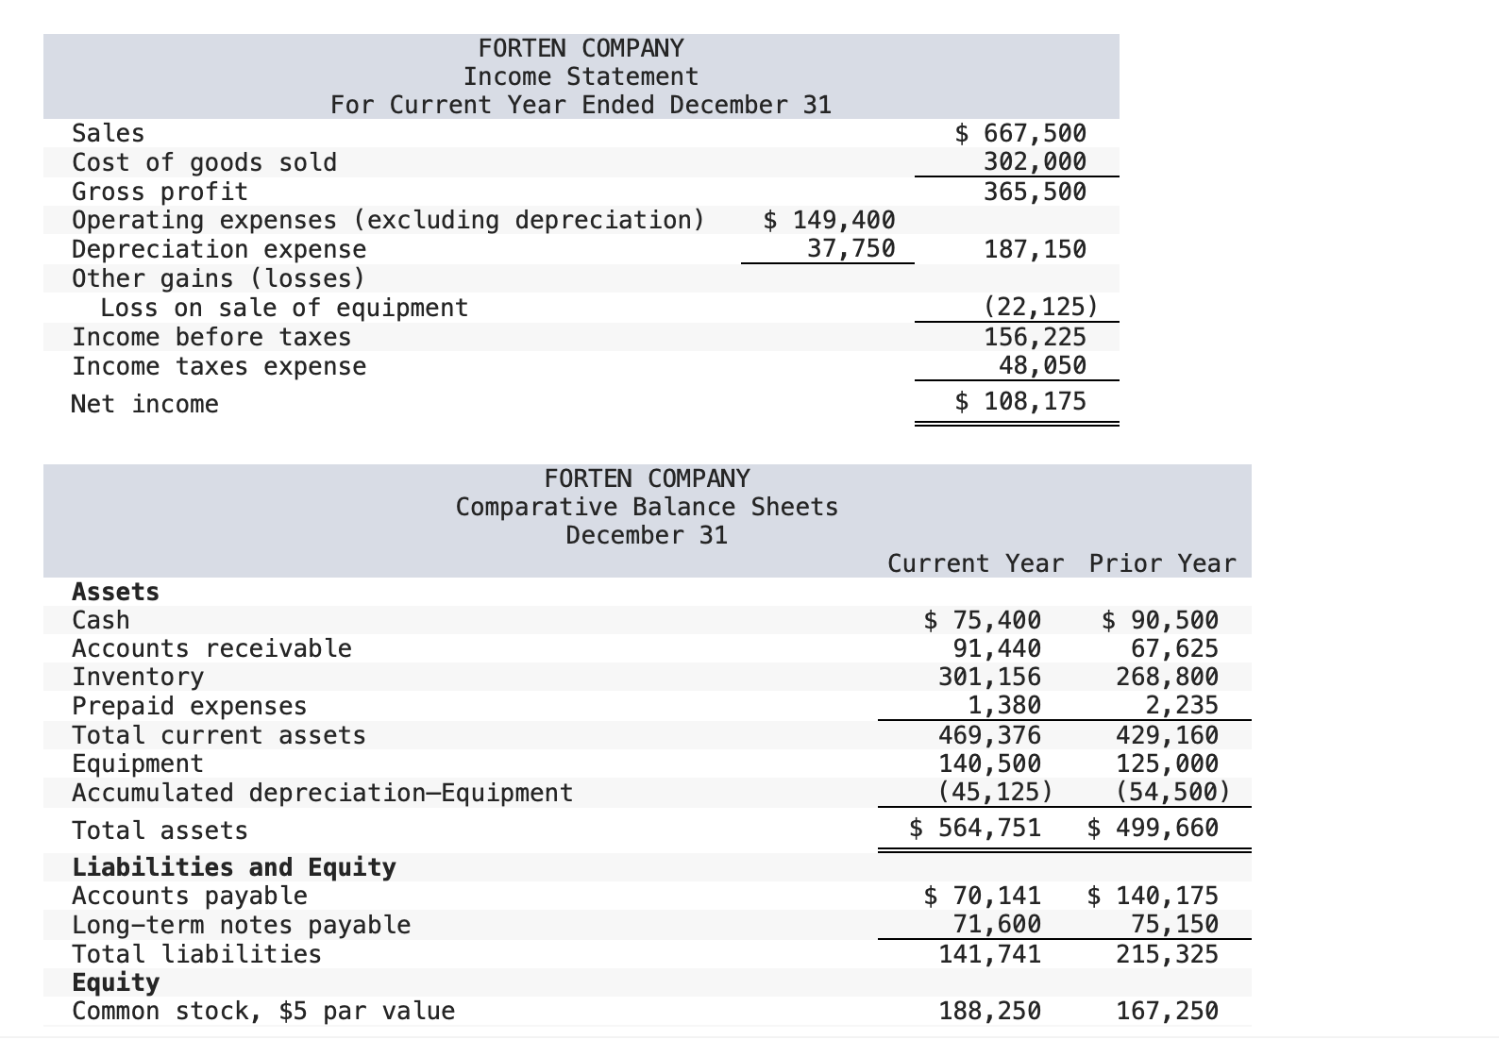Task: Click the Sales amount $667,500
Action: (x=1021, y=133)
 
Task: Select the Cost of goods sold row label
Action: (x=204, y=162)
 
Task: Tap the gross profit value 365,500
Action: (x=1035, y=192)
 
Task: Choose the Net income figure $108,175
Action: (x=1021, y=402)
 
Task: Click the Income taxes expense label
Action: (x=219, y=366)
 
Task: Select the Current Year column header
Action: (x=975, y=563)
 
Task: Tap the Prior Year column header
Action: (x=1162, y=563)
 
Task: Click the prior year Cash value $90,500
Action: (x=1160, y=620)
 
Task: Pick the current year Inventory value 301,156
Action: (x=989, y=677)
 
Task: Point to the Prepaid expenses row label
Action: (x=189, y=706)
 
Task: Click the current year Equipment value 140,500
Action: (x=989, y=763)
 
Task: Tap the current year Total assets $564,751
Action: (x=975, y=829)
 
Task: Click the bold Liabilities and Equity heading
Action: (x=234, y=866)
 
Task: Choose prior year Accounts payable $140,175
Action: (x=1153, y=896)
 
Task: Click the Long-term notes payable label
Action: (x=242, y=925)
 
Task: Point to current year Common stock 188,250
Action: (x=989, y=1011)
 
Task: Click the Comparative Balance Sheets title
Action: (x=647, y=507)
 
